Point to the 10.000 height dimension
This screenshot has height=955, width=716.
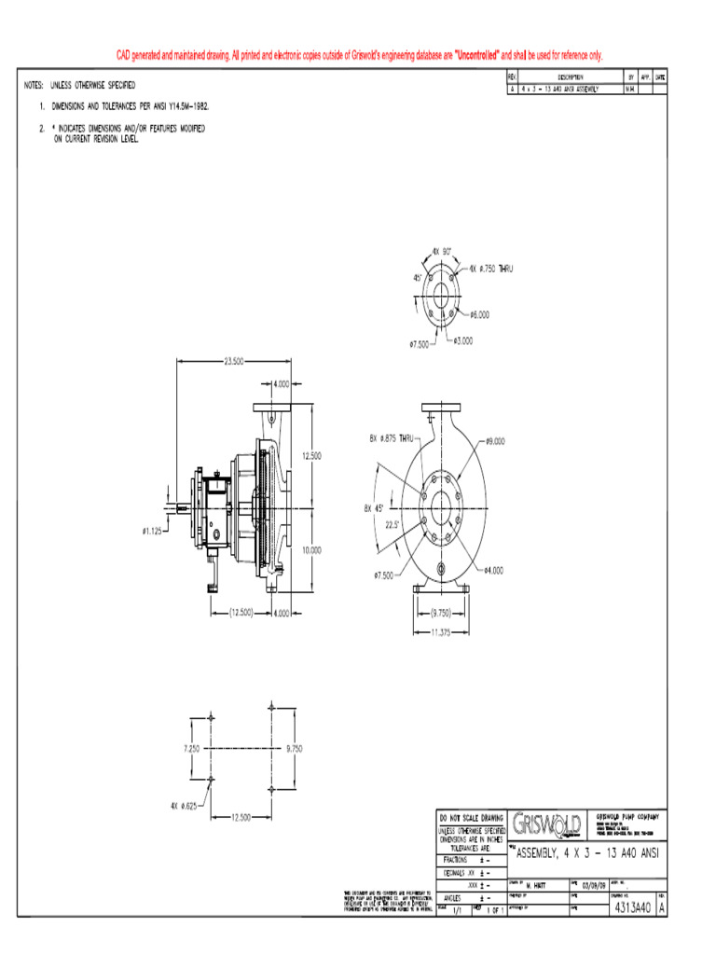[x=310, y=550]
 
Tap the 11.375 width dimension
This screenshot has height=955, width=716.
[x=441, y=631]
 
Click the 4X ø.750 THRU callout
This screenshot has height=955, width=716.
[x=491, y=268]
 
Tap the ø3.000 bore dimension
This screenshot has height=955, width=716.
[x=462, y=340]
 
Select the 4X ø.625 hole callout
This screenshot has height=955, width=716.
[x=183, y=806]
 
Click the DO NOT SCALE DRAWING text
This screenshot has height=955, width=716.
[x=471, y=818]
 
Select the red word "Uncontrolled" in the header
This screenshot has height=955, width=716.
[x=477, y=56]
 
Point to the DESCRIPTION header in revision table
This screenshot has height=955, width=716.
[x=570, y=77]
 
